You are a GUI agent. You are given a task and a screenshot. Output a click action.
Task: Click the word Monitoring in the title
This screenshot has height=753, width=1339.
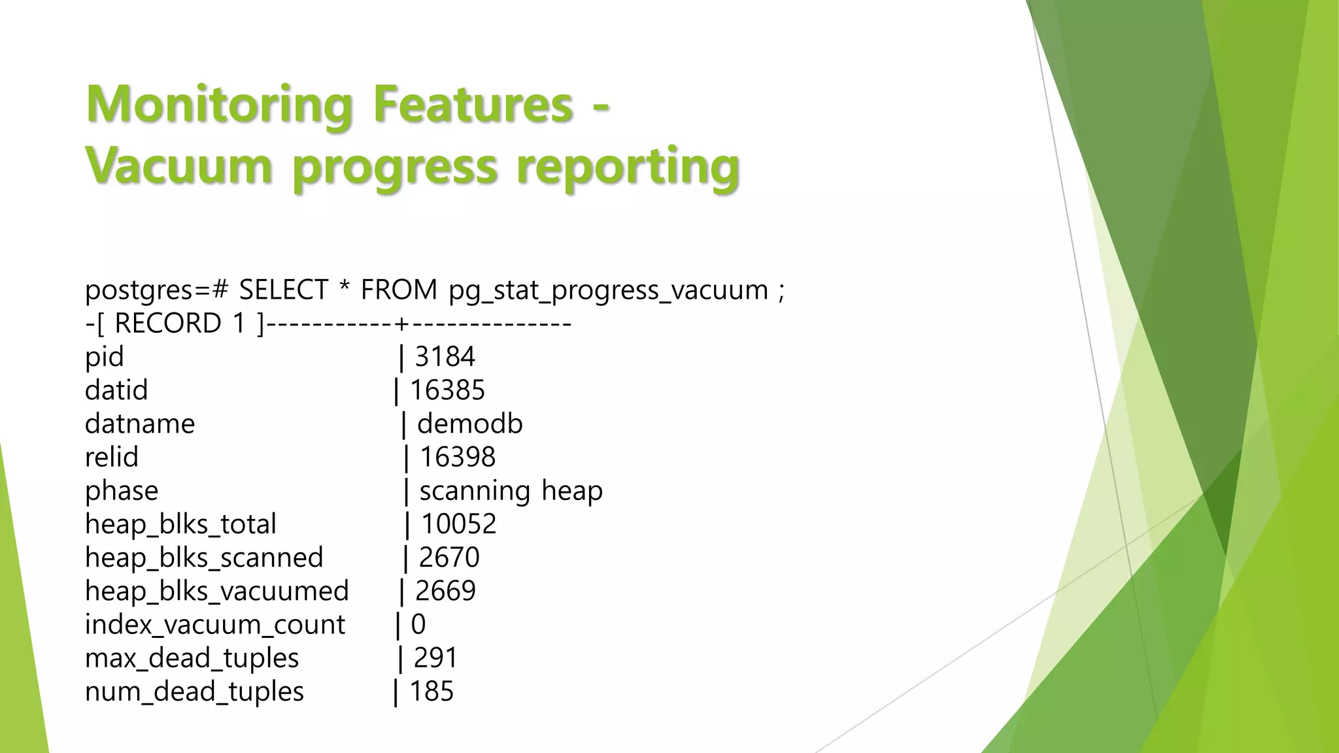click(x=219, y=105)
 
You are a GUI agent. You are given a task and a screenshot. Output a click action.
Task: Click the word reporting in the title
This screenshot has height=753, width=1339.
click(x=628, y=167)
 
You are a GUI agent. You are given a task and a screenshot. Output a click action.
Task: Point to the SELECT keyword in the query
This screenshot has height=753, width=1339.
click(x=283, y=290)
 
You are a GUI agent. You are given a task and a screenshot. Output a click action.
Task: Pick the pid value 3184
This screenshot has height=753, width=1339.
click(x=445, y=357)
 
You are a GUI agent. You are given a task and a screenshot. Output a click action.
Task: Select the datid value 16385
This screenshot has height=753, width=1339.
click(x=447, y=390)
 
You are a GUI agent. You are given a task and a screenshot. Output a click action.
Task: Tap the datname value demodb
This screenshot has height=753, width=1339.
click(x=469, y=424)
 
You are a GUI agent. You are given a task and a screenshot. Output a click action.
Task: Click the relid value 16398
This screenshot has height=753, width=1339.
click(x=457, y=457)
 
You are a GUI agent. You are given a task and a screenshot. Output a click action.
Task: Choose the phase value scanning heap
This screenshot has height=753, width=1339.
click(x=511, y=491)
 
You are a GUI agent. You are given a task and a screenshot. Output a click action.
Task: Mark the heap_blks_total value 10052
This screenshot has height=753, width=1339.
click(x=458, y=524)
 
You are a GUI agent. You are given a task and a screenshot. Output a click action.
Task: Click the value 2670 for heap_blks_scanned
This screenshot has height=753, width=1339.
click(x=449, y=558)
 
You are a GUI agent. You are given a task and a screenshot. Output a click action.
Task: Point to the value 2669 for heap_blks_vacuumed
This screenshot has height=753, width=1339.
click(x=445, y=591)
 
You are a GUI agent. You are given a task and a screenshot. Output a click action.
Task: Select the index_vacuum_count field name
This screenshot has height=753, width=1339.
click(x=214, y=625)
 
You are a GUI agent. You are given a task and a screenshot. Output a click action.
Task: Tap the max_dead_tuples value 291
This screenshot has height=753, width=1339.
click(x=435, y=658)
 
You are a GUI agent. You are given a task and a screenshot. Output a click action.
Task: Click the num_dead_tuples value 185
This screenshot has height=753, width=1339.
click(x=432, y=692)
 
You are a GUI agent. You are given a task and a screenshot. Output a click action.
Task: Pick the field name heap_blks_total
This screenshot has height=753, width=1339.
click(x=180, y=524)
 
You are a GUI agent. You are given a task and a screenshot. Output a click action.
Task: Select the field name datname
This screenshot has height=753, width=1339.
click(x=140, y=424)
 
